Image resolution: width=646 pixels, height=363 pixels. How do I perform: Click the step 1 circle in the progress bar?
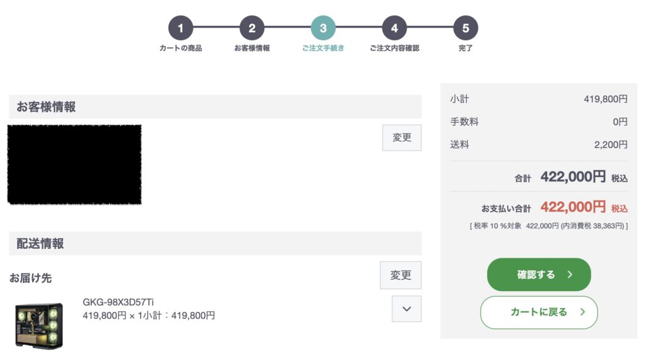point(180,28)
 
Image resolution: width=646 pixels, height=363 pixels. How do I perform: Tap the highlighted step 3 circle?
point(323,28)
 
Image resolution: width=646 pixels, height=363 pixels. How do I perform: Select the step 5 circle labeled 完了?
point(466,28)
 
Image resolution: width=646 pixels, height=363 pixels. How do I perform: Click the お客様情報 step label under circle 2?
point(252,49)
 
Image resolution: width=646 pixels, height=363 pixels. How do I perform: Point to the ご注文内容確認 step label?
point(394,49)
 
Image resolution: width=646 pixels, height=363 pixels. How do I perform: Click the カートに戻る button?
point(539,312)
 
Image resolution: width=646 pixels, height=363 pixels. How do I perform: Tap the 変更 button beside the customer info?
point(402,137)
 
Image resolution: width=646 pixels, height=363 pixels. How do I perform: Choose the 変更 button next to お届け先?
point(401,275)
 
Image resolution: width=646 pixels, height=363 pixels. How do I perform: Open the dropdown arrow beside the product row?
point(407,309)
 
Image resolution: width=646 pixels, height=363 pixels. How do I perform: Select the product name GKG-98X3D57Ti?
point(118,302)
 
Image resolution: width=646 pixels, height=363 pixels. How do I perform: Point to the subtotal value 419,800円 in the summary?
point(606,99)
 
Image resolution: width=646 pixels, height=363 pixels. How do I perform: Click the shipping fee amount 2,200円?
point(611,144)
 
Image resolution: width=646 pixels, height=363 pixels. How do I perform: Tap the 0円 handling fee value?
point(620,122)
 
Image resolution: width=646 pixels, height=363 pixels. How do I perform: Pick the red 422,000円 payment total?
point(573,207)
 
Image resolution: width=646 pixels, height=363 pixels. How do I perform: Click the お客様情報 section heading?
point(46,107)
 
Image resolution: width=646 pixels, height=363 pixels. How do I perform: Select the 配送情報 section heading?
point(40,243)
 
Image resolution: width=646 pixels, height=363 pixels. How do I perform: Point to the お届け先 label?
point(30,277)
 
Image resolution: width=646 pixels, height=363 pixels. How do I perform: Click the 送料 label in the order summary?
point(460,144)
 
